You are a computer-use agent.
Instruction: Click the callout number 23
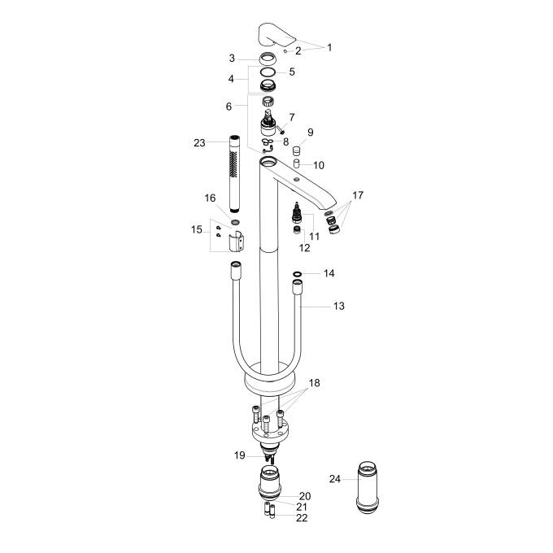coord(200,142)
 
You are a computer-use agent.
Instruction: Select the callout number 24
coord(335,479)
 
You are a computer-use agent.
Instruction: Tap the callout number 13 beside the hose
coord(339,306)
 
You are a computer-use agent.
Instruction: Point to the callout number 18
coord(314,381)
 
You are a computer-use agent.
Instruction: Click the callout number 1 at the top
coord(329,47)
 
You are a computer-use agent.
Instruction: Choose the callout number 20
coord(305,495)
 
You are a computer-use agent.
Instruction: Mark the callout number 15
coord(196,230)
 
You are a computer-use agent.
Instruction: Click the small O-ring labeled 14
coord(297,274)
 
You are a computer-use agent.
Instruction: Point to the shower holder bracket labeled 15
coord(237,242)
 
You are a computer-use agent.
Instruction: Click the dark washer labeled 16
coord(235,220)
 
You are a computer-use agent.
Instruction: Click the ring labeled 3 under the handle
coord(267,59)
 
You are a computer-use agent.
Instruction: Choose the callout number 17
coord(358,197)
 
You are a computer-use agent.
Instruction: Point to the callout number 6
coord(229,107)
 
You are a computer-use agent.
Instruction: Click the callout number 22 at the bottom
coord(303,517)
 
